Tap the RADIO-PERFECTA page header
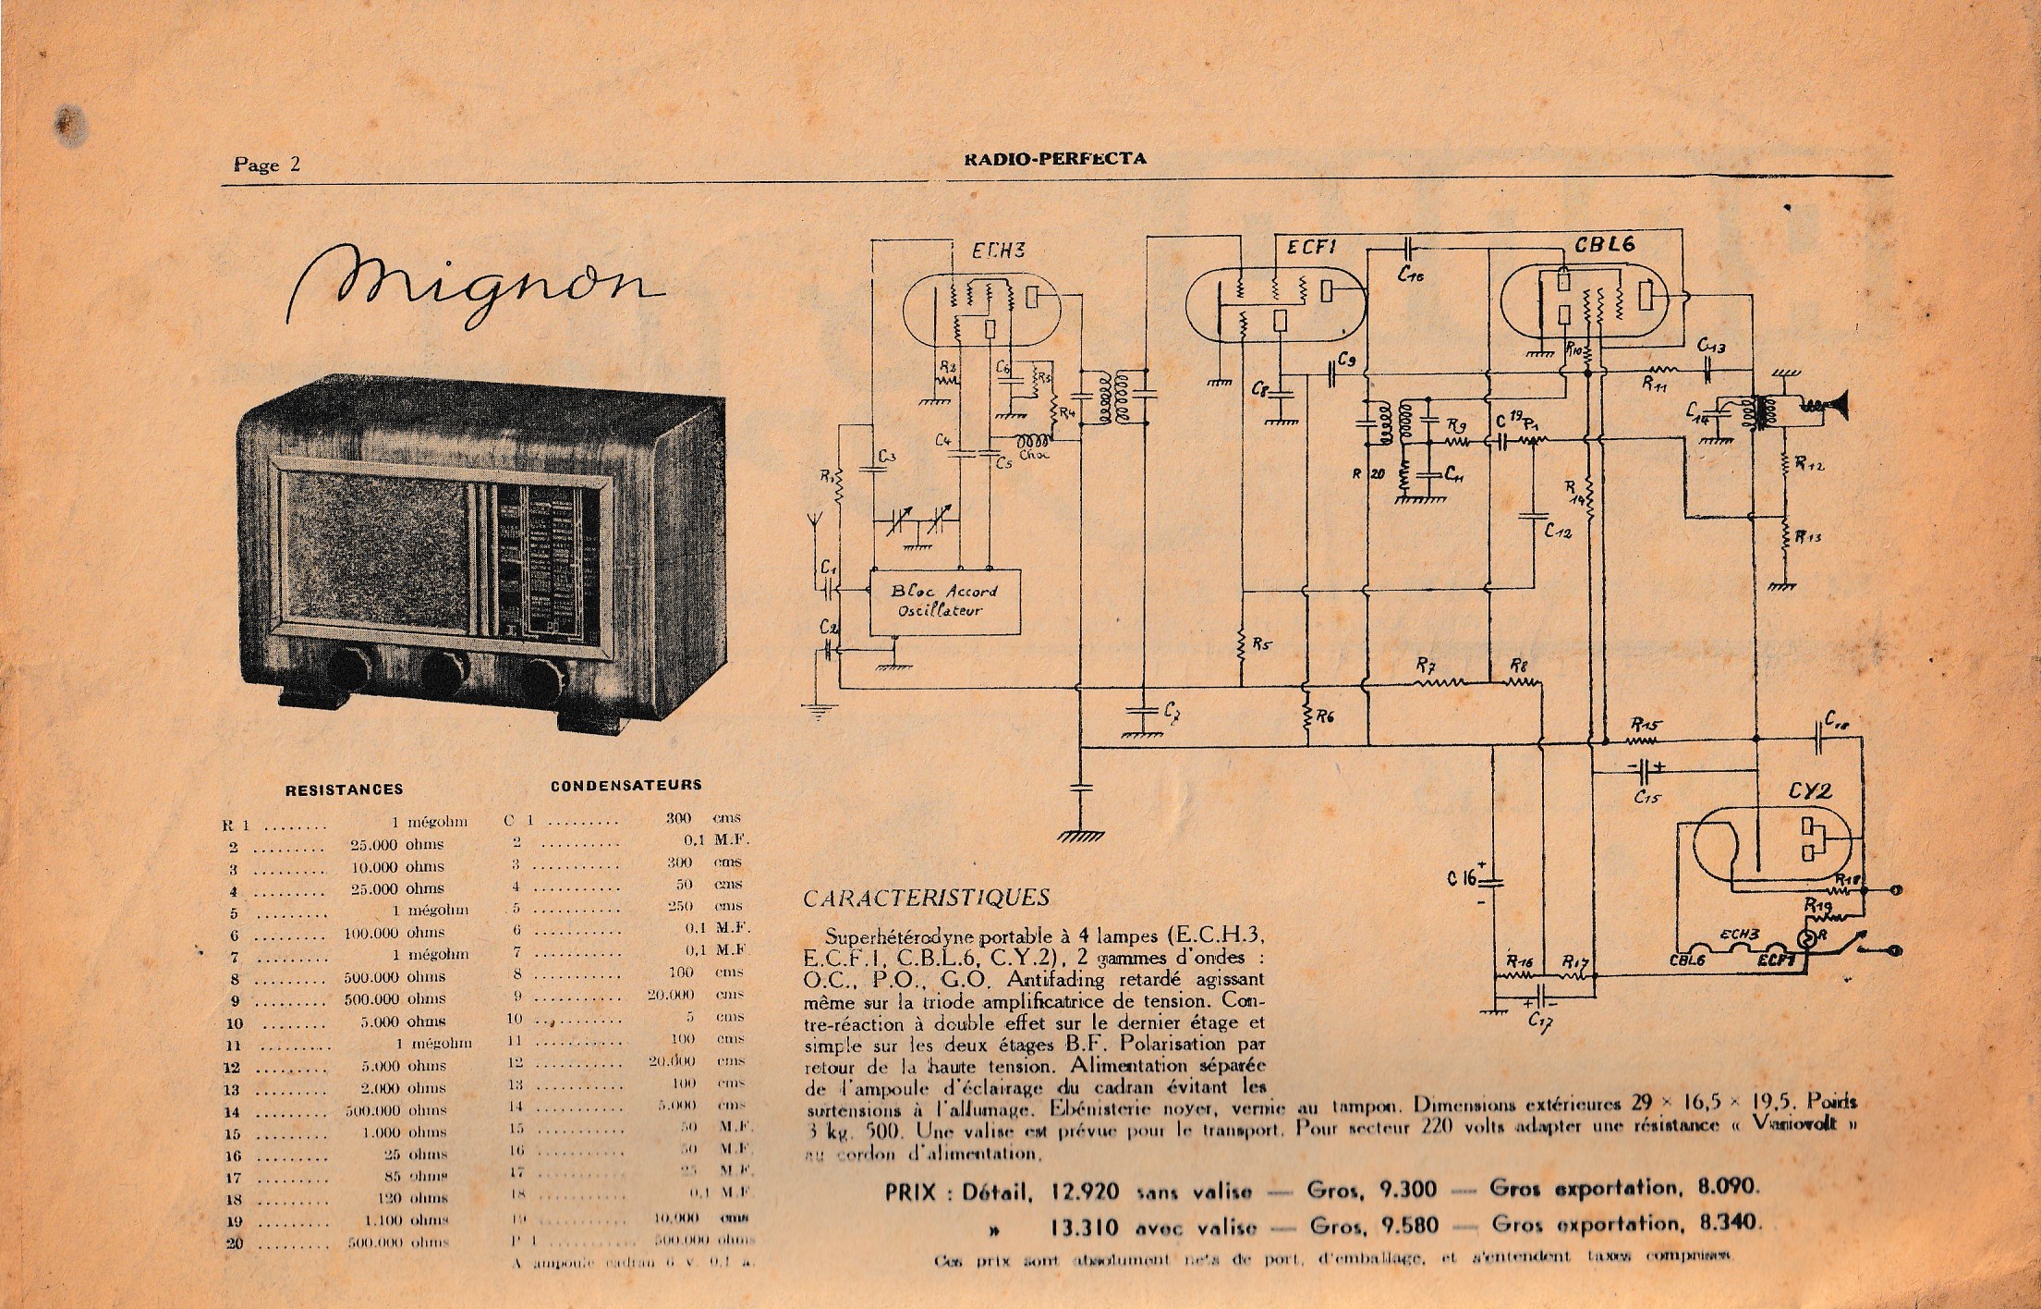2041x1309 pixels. click(1053, 158)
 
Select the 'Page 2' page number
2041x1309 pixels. click(267, 165)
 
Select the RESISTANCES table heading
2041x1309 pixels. click(344, 789)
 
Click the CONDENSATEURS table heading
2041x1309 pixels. click(626, 786)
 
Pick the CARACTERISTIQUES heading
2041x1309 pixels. click(927, 898)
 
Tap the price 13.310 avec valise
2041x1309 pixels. click(1087, 1229)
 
